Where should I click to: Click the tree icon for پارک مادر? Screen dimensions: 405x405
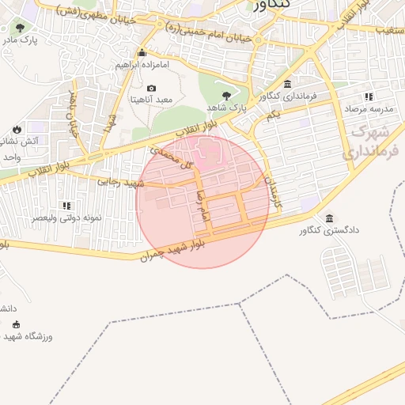[x=19, y=27]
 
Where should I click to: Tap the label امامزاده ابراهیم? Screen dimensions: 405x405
[x=142, y=64]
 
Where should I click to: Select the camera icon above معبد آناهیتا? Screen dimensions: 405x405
[x=152, y=89]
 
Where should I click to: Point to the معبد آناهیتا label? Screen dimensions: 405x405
[x=152, y=100]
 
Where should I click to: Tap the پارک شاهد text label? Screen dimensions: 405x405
[x=228, y=107]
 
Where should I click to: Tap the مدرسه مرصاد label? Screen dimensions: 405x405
[x=369, y=108]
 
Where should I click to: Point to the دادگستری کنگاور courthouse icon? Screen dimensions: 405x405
[x=328, y=218]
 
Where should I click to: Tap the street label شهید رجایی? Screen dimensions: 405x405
[x=119, y=181]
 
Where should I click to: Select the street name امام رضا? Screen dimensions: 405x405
[x=203, y=204]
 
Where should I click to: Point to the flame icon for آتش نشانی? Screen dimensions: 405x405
[x=17, y=129]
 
